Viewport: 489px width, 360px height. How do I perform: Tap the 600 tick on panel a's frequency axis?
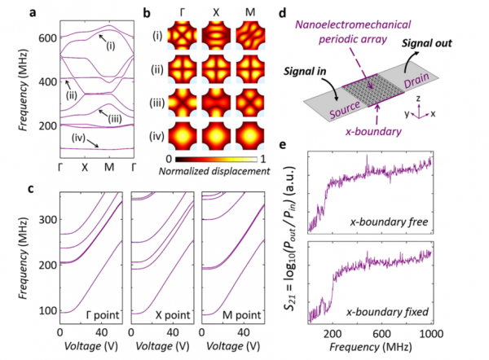[47, 37]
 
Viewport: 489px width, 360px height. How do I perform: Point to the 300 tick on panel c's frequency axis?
[47, 219]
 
